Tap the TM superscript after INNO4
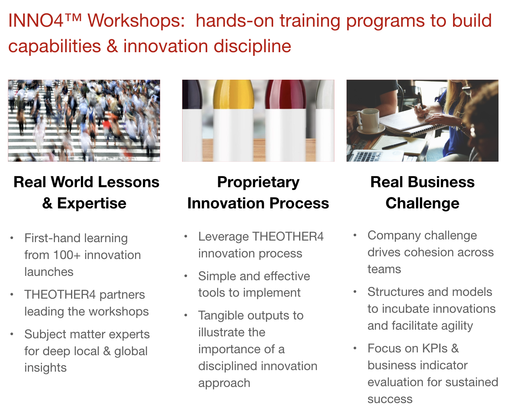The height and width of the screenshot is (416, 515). tap(73, 16)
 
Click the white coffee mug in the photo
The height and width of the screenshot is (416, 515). tap(367, 120)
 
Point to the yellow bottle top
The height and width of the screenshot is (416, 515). tap(233, 95)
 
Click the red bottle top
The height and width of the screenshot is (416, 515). tap(285, 95)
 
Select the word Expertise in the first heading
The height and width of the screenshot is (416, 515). tap(91, 203)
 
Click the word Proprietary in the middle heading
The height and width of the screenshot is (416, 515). tap(258, 182)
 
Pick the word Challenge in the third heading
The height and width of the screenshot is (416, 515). tap(422, 203)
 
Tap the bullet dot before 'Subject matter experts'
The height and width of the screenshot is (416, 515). tap(12, 334)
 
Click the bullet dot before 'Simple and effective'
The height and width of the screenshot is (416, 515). tap(185, 276)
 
